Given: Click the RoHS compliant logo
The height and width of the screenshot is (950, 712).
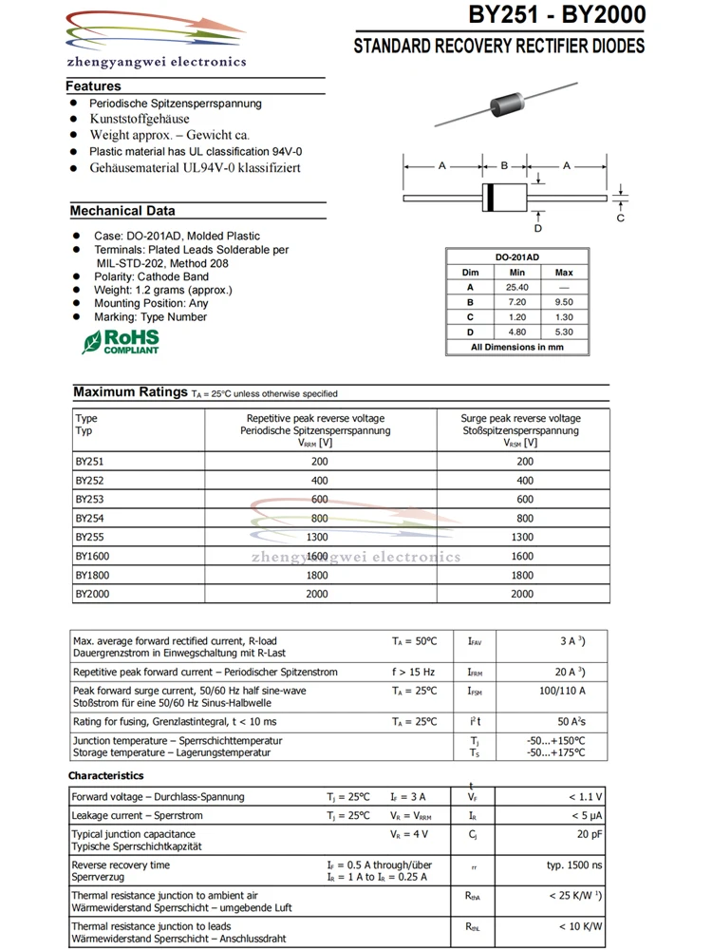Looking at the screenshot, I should (121, 342).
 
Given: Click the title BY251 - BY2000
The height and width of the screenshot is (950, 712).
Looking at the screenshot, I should (556, 16).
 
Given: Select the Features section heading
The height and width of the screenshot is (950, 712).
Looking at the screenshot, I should (93, 86).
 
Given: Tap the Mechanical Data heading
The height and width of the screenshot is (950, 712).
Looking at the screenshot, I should (122, 211).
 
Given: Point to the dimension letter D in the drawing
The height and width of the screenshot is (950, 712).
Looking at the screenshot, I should (538, 228).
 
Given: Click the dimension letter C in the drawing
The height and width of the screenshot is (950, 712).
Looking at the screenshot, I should (620, 218).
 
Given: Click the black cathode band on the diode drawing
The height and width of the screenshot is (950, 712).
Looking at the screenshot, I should (490, 198).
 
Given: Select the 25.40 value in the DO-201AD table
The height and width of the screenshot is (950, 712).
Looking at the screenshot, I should (516, 287).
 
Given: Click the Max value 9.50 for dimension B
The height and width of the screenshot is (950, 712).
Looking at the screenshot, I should (564, 301).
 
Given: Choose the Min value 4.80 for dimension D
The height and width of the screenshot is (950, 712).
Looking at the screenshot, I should (516, 332).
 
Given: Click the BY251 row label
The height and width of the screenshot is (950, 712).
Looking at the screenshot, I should (89, 461).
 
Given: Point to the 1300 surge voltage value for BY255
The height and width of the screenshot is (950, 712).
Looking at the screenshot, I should (521, 537).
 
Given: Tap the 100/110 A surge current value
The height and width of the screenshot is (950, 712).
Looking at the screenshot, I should (562, 691).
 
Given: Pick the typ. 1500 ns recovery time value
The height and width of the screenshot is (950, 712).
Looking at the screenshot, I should (574, 865).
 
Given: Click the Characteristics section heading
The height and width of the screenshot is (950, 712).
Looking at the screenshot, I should (106, 776).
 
